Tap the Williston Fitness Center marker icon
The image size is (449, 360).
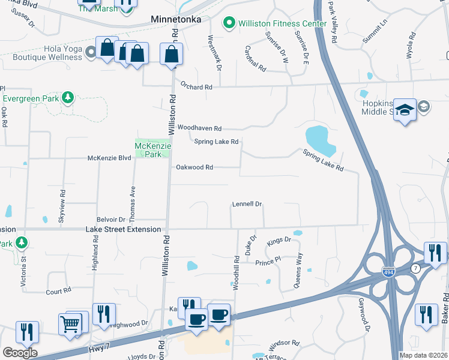(x=229, y=23)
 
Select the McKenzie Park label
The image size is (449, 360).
(x=152, y=150)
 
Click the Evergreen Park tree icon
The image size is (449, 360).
(x=68, y=97)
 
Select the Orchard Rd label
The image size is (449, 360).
(x=196, y=87)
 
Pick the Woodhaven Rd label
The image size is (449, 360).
(x=200, y=128)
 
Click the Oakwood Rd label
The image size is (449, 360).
(x=194, y=167)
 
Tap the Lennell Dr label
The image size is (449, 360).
(x=247, y=205)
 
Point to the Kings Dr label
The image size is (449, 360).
(x=279, y=240)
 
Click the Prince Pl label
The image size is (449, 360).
(x=268, y=263)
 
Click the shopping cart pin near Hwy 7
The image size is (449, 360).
(x=71, y=325)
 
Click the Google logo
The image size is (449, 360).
(x=20, y=353)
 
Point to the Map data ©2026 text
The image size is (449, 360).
(x=423, y=353)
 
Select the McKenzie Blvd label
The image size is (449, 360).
(x=109, y=158)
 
